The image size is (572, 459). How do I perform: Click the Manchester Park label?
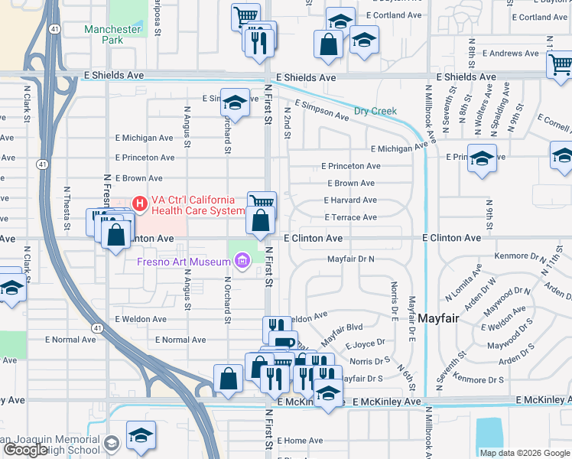coord(112,35)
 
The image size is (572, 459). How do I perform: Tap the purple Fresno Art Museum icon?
coord(243,262)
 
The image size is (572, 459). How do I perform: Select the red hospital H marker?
coord(140,203)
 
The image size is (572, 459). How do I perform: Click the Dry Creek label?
coord(375,112)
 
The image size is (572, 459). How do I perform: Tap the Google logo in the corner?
coord(25,450)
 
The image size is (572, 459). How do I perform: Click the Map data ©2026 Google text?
coord(524,453)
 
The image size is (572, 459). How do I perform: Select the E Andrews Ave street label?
coord(504,54)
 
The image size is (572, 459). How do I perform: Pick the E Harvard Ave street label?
coord(349,200)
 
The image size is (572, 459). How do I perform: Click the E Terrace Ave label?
coord(350,218)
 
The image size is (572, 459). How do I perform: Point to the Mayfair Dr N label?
coord(351,259)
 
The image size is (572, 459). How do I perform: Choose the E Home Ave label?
coord(300,441)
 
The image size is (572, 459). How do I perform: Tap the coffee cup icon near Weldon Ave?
coord(283,342)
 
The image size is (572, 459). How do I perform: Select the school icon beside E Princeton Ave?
coord(482,159)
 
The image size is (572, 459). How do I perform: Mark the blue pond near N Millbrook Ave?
coord(489,437)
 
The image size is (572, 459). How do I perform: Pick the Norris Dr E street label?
coord(394,299)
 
